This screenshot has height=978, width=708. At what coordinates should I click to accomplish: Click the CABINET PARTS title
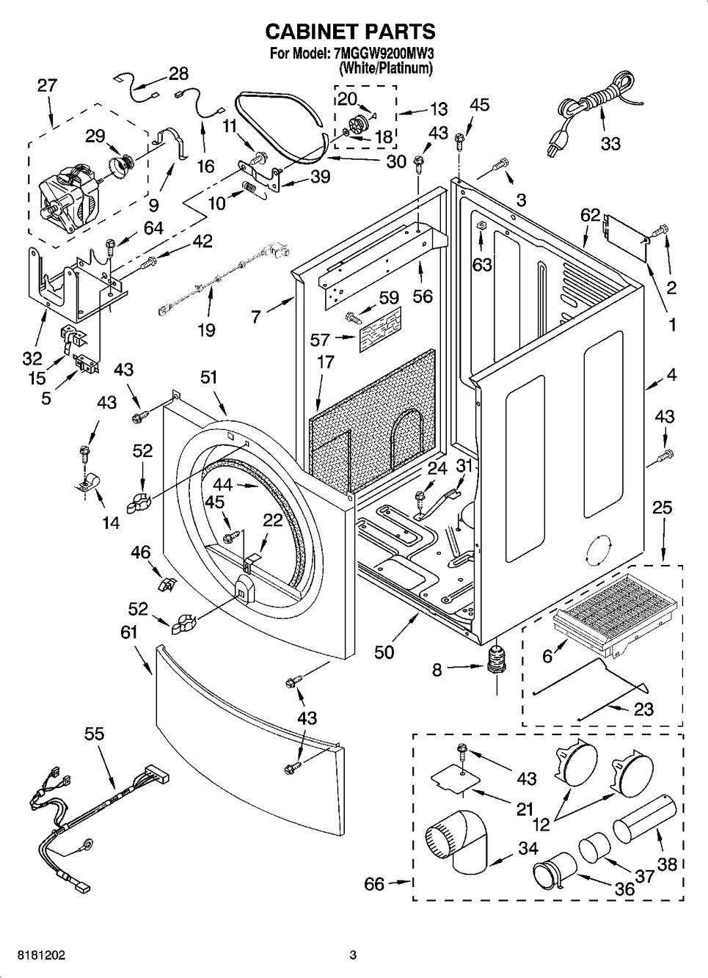point(350,32)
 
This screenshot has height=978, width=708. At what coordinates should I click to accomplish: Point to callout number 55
point(94,734)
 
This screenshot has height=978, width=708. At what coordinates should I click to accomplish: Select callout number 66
point(374,884)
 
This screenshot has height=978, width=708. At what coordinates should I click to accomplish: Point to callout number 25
point(662,507)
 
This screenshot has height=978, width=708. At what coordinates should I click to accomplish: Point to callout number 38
point(667,864)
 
